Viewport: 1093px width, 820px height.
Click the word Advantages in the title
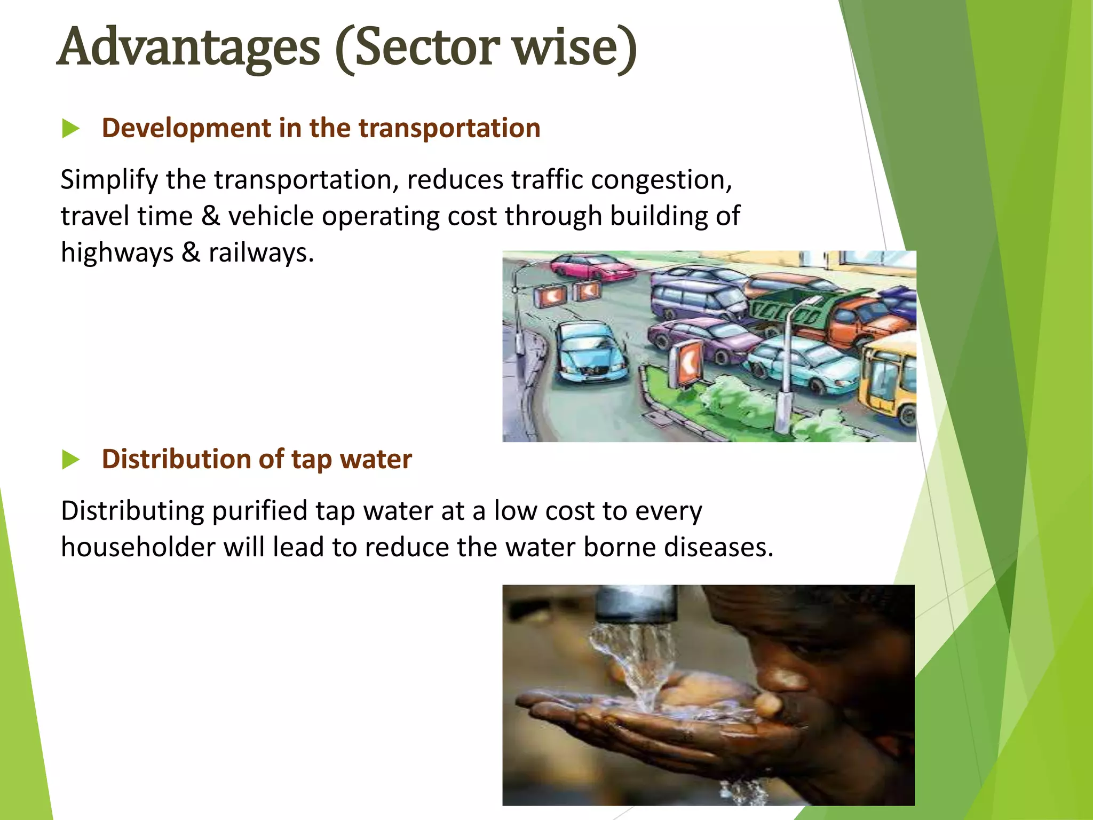[188, 48]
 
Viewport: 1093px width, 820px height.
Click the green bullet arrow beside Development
[70, 129]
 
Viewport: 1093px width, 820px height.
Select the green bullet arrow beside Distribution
[70, 460]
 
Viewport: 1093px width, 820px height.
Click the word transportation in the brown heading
[449, 128]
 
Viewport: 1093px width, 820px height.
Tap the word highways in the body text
[117, 253]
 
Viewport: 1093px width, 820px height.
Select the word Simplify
[109, 180]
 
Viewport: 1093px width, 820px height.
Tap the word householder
[137, 547]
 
